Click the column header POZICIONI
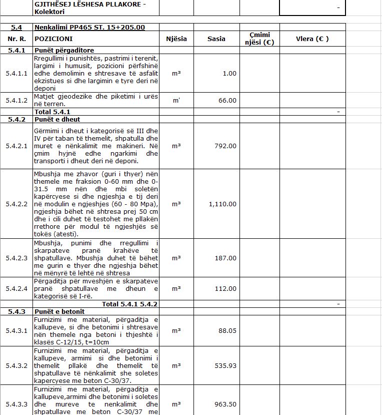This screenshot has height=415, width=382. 53,39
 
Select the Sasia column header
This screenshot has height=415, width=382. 216,39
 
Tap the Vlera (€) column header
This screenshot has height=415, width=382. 312,39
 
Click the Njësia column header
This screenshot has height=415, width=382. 176,39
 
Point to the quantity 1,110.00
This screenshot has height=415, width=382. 222,204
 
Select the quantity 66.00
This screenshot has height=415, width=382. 227,100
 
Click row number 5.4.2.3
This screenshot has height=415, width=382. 16,258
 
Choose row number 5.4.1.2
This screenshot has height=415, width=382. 16,100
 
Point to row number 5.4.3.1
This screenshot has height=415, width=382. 16,330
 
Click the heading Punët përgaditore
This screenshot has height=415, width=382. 64,51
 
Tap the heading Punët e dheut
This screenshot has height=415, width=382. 57,119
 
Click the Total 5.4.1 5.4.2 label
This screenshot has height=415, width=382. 129,304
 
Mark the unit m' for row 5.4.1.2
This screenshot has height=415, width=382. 176,100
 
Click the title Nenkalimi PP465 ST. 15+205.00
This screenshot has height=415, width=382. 90,27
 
